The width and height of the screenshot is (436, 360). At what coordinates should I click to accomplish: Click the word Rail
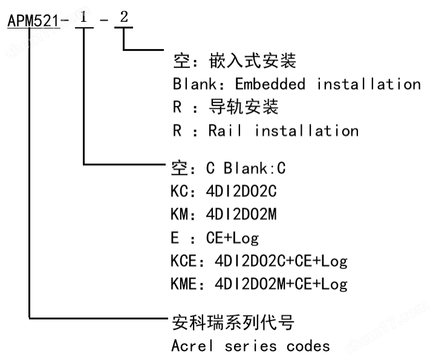(224, 131)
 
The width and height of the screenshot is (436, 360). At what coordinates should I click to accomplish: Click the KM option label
(180, 214)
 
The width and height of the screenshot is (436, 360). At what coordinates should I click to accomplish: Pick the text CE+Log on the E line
(232, 238)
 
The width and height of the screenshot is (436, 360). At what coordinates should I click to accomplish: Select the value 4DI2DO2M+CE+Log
(281, 284)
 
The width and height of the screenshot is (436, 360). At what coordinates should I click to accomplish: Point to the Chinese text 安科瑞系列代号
(233, 322)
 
